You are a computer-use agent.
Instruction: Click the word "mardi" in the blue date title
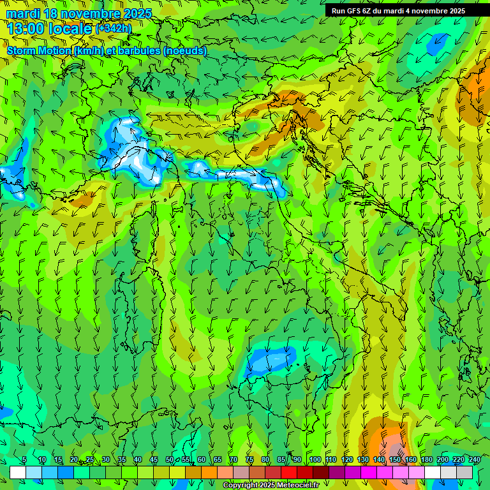pos(20,13)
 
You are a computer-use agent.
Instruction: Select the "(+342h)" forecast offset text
pos(114,28)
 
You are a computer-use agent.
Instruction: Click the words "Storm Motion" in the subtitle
pos(38,50)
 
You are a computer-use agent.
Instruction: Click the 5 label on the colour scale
pos(24,460)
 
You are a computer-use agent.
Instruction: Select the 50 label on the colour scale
pos(170,460)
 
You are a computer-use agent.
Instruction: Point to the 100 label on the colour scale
pos(315,460)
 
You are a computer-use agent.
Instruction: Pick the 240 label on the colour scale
pos(475,460)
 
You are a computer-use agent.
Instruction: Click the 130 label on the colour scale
pos(363,460)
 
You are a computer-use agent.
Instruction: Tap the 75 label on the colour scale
pos(249,460)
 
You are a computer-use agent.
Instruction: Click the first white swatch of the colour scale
pos(18,472)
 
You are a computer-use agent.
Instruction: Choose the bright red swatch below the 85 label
pos(289,472)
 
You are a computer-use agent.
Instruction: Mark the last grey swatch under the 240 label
pos(464,472)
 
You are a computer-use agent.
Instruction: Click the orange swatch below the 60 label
pos(209,472)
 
